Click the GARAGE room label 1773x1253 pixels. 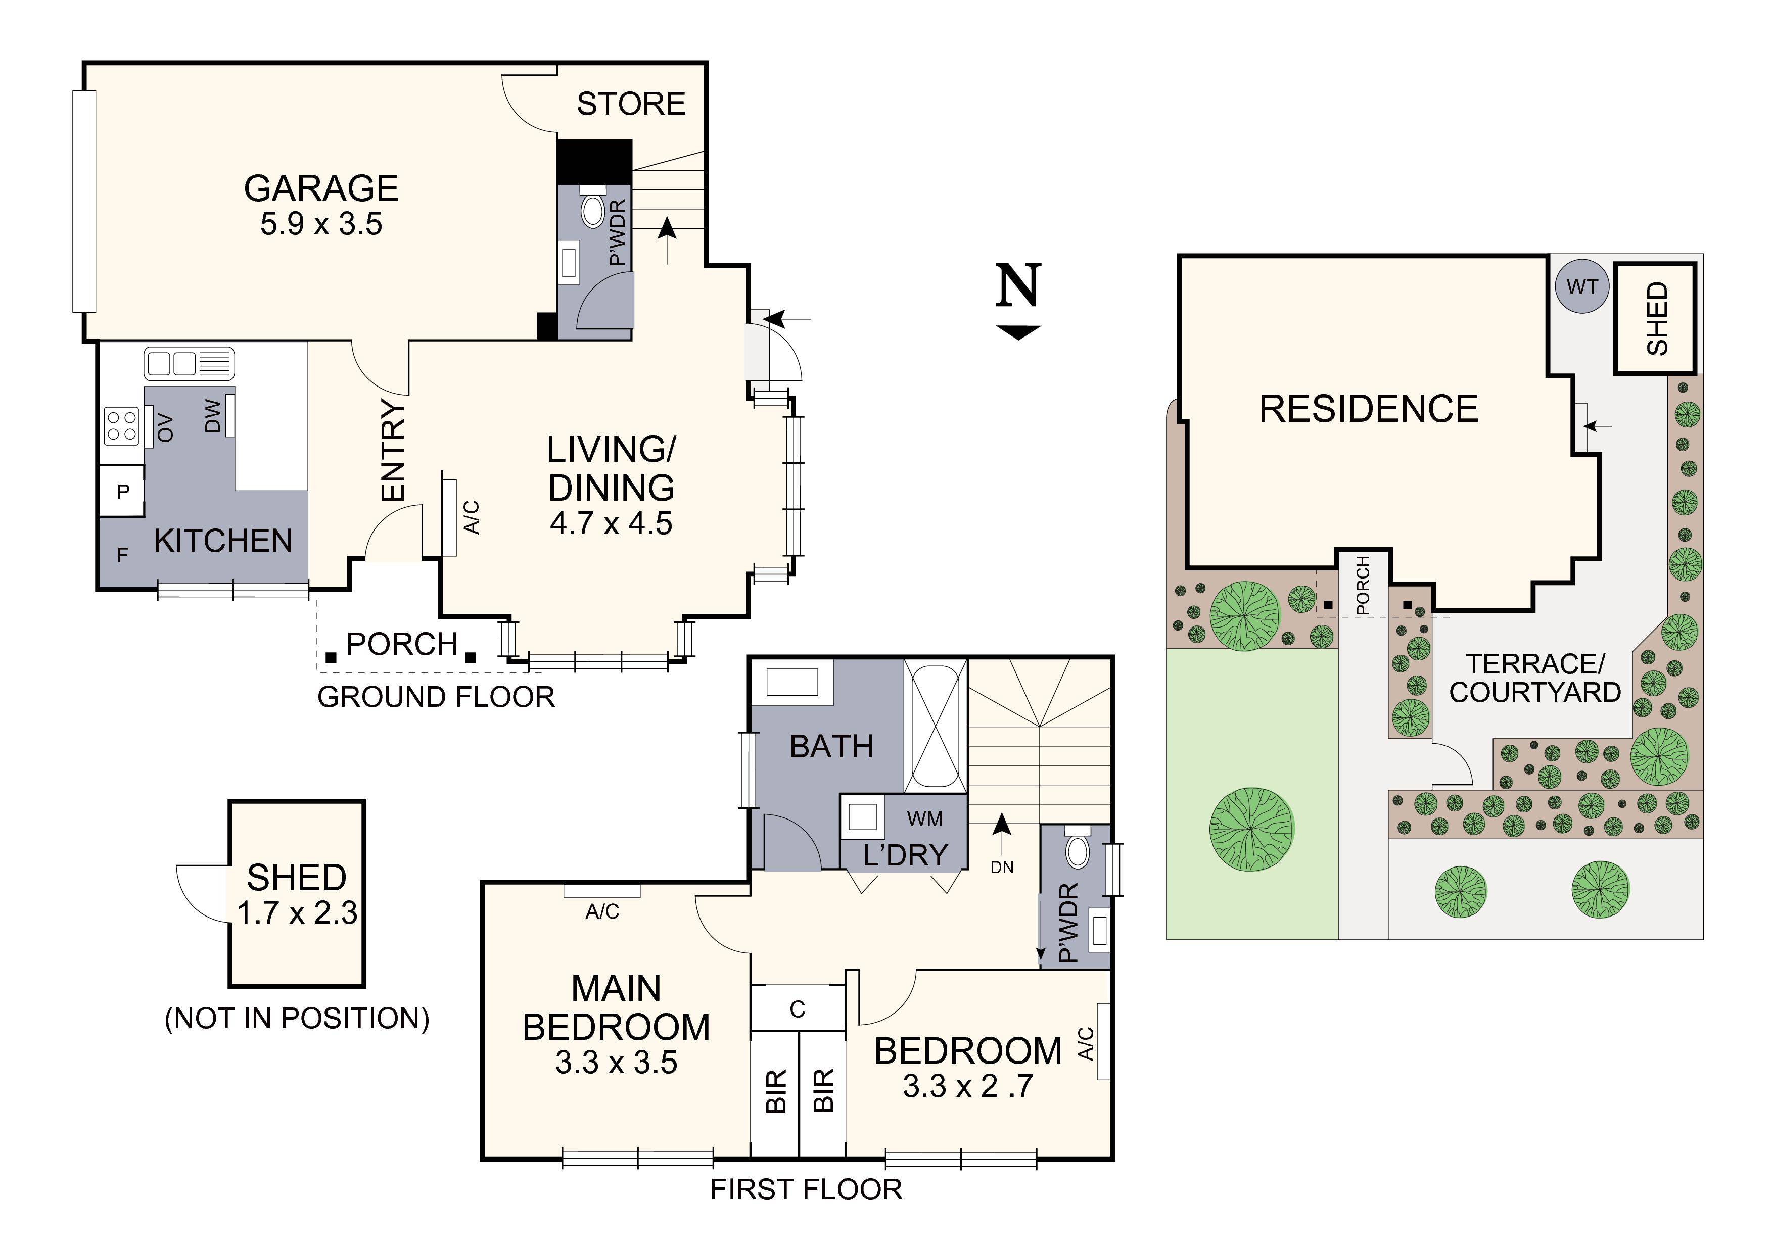coord(321,189)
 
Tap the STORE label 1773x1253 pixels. coord(631,104)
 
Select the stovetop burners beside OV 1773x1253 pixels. coord(121,426)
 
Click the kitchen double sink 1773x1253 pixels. coord(189,363)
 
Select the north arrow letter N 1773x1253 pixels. coord(1018,285)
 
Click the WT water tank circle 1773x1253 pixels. coord(1581,287)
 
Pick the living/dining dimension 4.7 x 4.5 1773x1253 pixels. coord(611,523)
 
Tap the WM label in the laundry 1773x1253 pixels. coord(924,818)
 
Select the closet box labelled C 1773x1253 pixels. coord(798,1008)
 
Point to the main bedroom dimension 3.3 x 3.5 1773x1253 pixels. coord(616,1063)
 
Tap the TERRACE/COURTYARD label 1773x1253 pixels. coord(1534,678)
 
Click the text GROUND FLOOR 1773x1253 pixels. coord(436,697)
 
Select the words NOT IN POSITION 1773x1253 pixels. coord(297,1018)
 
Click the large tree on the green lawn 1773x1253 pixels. coord(1250,829)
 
